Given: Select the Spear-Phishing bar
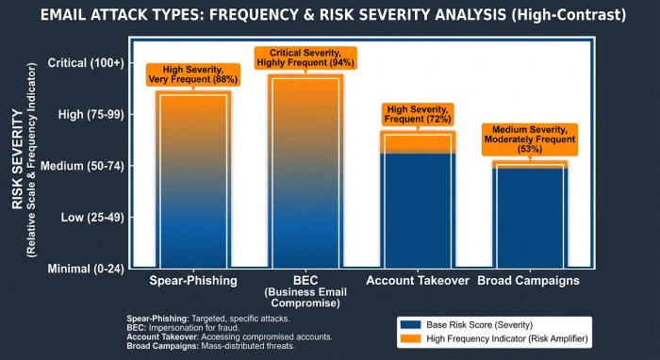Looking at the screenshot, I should coord(193,179).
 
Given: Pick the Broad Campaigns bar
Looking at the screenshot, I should coord(529,215).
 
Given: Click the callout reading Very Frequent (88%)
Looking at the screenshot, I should coord(193,75).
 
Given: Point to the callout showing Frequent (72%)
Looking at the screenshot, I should coord(418,115).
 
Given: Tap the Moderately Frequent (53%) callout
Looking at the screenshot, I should coord(529,139).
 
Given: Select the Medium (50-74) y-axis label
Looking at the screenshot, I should coord(85,166).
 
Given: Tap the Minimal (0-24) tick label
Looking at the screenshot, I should coord(86,269).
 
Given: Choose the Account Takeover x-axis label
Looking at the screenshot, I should coord(418,282).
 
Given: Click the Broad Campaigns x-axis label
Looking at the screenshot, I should coord(529,282).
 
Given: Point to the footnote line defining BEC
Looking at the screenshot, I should coord(190,327).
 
